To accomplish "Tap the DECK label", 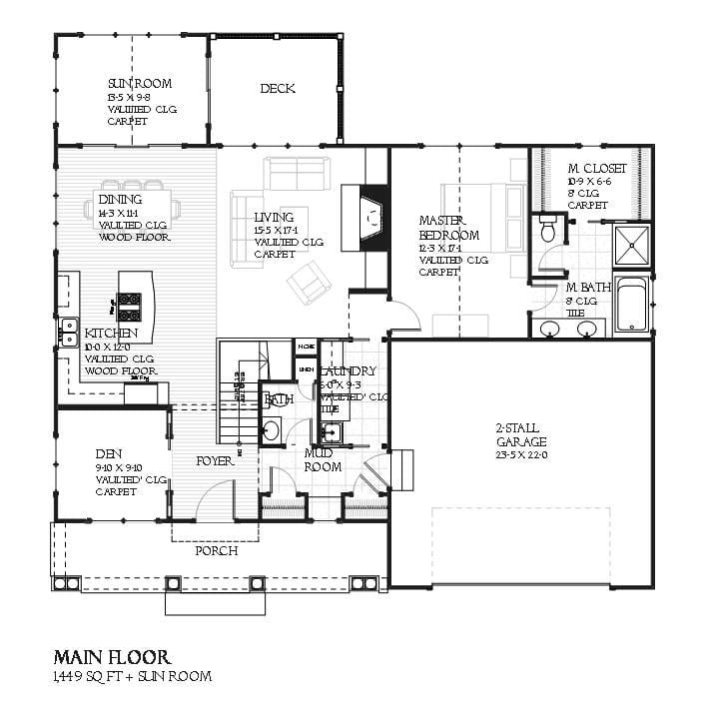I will (277, 89).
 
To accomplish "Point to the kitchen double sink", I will (69, 332).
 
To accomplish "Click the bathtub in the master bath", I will (632, 306).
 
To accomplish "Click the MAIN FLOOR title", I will (111, 657).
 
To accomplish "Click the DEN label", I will (109, 451).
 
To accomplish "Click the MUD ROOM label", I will (323, 460).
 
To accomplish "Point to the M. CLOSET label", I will (597, 169).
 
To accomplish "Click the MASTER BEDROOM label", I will (448, 228).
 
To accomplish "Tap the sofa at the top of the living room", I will (294, 173).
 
